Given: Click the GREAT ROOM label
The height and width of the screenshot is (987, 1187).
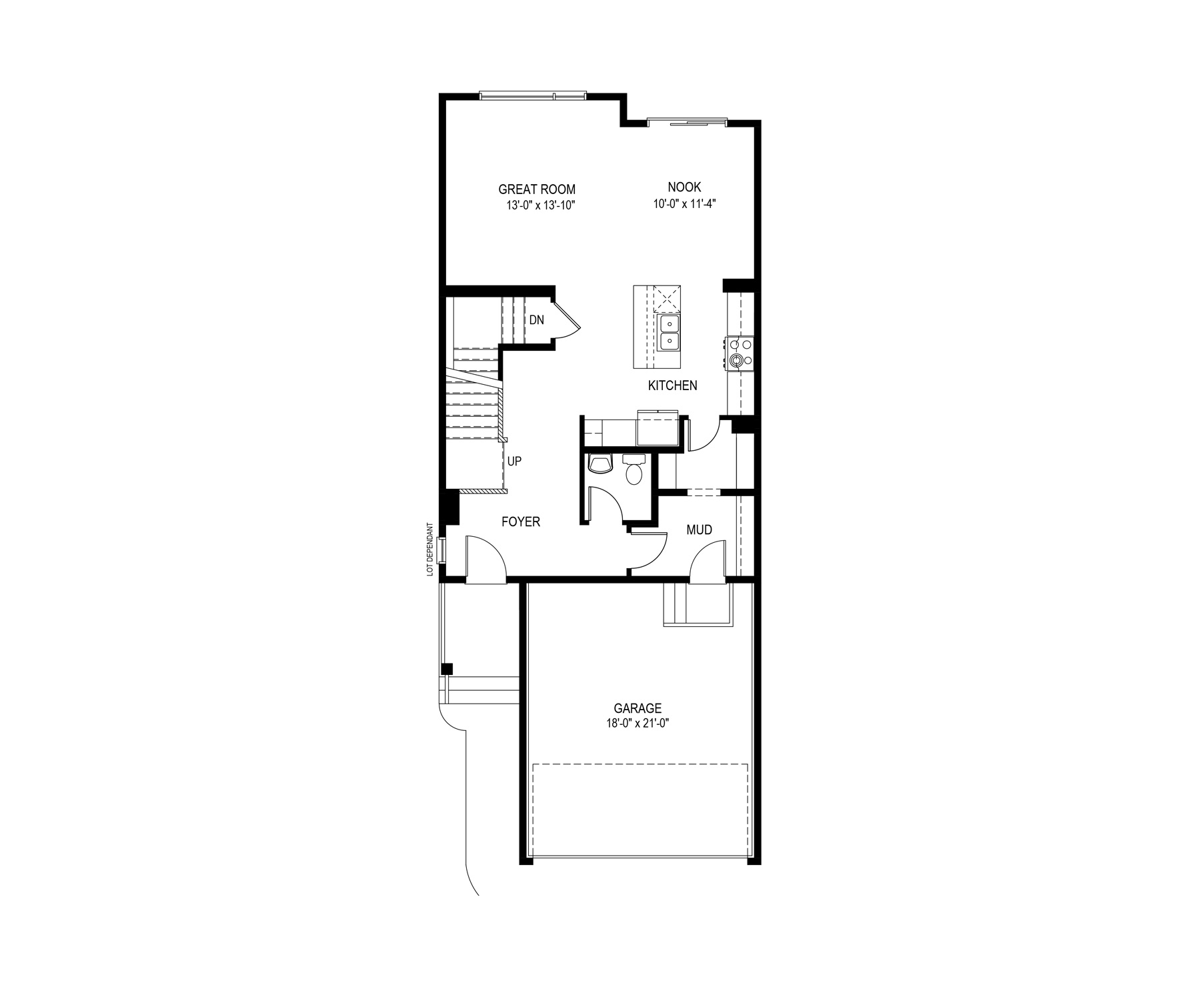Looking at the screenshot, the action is pyautogui.click(x=537, y=189).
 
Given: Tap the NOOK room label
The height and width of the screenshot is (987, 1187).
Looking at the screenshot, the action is pyautogui.click(x=685, y=188).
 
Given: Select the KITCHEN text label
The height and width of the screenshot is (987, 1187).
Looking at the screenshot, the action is pyautogui.click(x=673, y=385).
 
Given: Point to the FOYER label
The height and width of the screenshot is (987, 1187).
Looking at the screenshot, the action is pyautogui.click(x=521, y=522).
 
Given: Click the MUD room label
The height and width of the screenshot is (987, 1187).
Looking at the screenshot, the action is pyautogui.click(x=700, y=530).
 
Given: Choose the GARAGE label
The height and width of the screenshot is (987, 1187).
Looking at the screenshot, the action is pyautogui.click(x=638, y=708).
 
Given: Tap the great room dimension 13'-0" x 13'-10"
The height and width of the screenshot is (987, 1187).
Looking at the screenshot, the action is pyautogui.click(x=540, y=205).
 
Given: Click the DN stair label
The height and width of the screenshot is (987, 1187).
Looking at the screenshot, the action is pyautogui.click(x=537, y=320).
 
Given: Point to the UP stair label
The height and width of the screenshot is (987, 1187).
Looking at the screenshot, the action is pyautogui.click(x=514, y=461).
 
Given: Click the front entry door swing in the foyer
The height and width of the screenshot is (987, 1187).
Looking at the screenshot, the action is pyautogui.click(x=486, y=559).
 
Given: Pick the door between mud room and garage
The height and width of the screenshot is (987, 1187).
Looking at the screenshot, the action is pyautogui.click(x=708, y=562).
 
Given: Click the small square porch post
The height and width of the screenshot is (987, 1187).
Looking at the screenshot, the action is pyautogui.click(x=447, y=669).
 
